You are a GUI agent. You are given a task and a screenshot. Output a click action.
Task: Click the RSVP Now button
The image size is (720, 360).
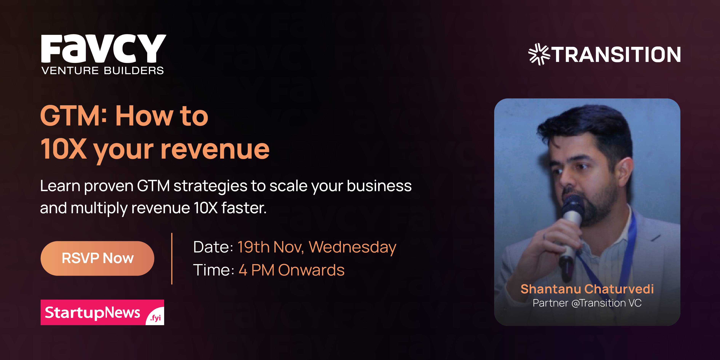click(x=97, y=258)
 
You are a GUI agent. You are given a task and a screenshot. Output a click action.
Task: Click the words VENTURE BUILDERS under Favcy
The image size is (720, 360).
click(x=103, y=71)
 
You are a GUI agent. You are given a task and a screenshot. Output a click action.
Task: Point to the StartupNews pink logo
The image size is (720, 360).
click(x=92, y=312)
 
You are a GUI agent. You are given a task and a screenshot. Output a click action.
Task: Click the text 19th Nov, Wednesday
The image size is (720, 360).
click(x=317, y=247)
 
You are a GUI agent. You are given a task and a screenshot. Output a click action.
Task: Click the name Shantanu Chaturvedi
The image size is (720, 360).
click(x=587, y=289)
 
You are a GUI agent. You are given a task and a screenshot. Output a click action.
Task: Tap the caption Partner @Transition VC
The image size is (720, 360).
click(x=587, y=303)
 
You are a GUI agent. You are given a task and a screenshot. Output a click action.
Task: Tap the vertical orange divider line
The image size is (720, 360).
click(x=172, y=259)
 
